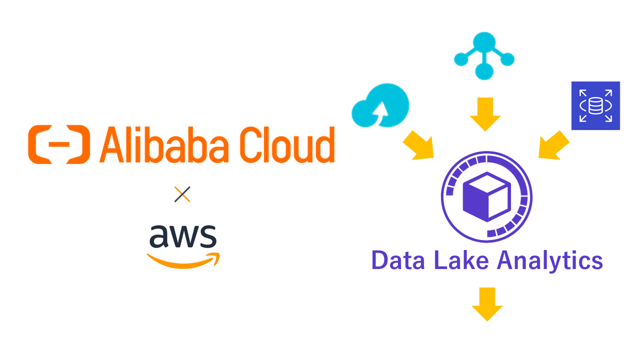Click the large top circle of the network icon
point(484,42)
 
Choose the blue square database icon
point(595,106)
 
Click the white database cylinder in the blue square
point(596,106)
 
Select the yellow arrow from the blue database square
point(554,145)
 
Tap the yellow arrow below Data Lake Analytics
point(487,304)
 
